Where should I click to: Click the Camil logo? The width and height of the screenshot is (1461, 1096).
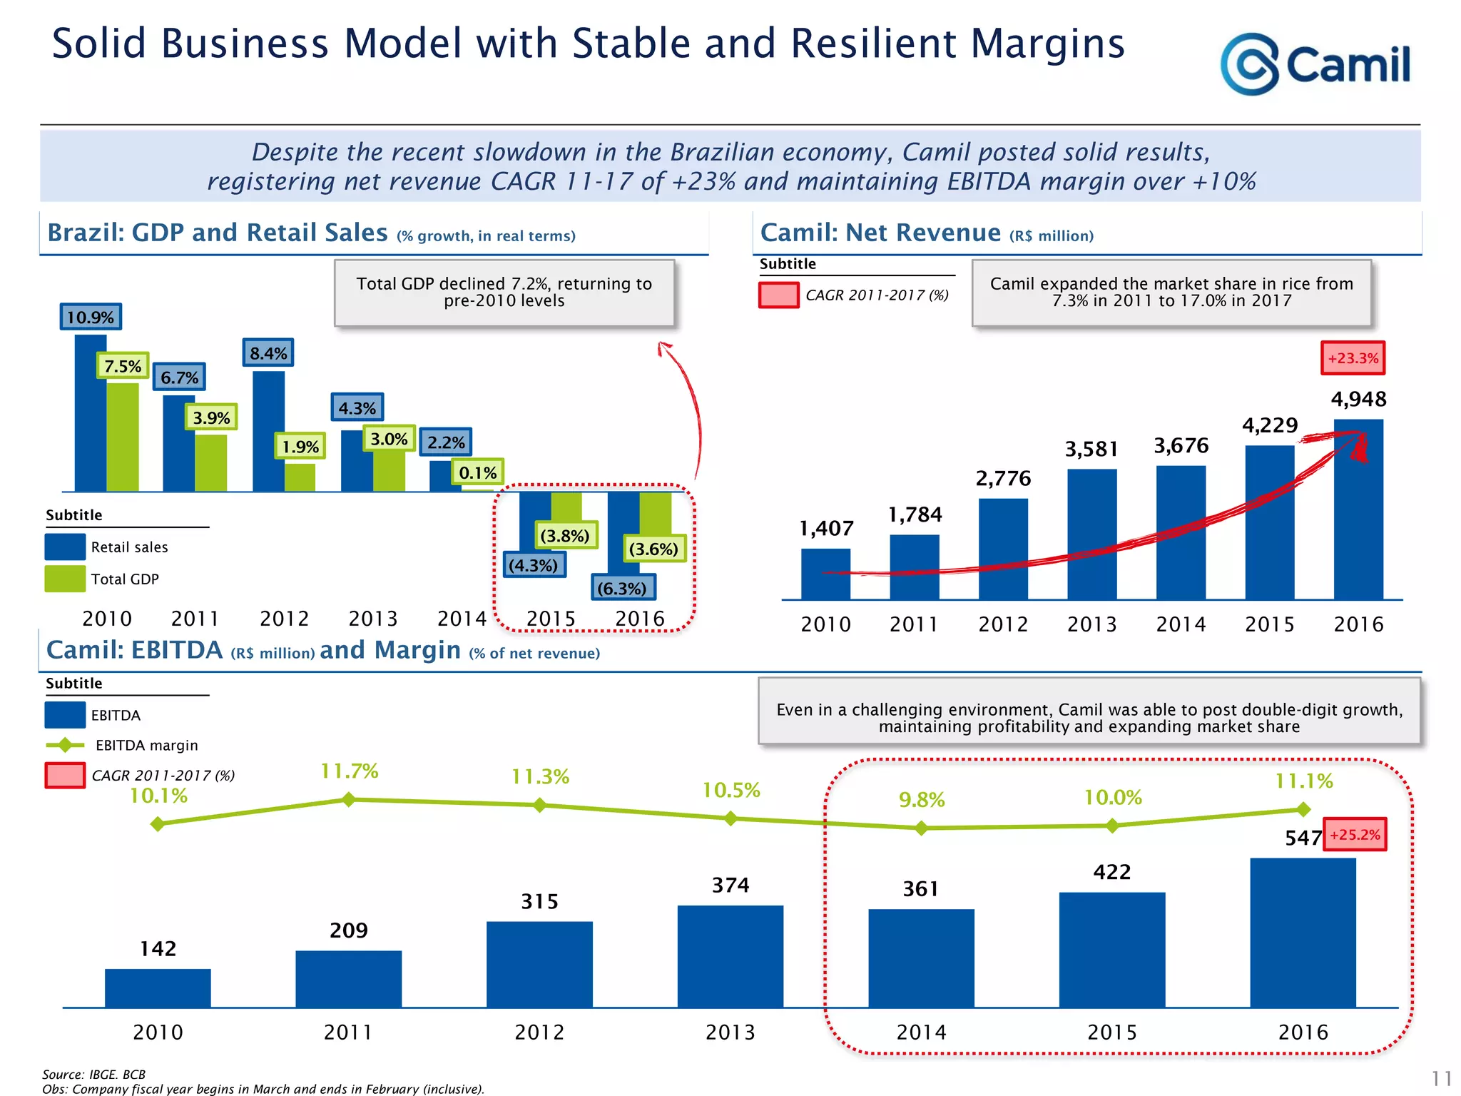point(1315,64)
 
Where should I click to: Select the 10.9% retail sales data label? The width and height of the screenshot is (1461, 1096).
point(91,317)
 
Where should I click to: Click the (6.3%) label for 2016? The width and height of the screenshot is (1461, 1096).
point(622,589)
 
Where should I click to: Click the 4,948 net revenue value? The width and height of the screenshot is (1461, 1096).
point(1358,399)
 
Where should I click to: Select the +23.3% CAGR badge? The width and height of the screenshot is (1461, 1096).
point(1353,358)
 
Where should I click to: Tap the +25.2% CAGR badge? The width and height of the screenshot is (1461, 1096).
point(1355,835)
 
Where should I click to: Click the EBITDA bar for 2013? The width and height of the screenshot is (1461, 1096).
point(730,956)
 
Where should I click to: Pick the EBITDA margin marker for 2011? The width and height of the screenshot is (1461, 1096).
point(349,800)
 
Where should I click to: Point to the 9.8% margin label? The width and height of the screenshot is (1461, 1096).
point(922,800)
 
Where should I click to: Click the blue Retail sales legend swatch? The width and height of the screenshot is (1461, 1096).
point(65,547)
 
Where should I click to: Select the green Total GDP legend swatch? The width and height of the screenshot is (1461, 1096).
point(65,579)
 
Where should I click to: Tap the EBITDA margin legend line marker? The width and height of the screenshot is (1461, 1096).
point(65,745)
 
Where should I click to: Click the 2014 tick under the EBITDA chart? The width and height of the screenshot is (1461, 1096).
point(921,1032)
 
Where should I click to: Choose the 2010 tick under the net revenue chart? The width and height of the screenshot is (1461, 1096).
point(825,624)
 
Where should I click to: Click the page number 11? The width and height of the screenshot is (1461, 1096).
point(1441,1077)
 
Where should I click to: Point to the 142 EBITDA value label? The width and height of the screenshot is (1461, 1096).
point(158,948)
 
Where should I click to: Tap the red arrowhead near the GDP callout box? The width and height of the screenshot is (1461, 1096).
point(664,348)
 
